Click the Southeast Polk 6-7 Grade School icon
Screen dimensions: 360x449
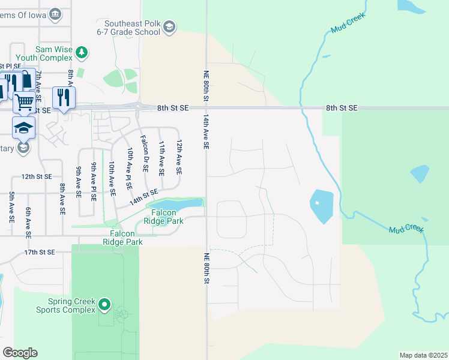pos(169,26)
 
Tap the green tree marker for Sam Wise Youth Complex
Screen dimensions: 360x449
pos(82,53)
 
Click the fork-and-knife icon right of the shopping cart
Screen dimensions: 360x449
pos(64,97)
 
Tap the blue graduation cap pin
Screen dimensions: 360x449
pos(23,127)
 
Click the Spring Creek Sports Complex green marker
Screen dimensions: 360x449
pos(104,304)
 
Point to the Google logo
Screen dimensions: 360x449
pos(20,352)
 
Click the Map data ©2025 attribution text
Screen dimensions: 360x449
pos(423,355)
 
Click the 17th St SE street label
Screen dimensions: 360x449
pos(40,253)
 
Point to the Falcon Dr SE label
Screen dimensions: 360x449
pos(144,154)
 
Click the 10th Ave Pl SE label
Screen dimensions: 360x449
pos(129,170)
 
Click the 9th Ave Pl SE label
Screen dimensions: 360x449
pos(94,182)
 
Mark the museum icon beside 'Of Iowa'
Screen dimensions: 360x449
pos(55,13)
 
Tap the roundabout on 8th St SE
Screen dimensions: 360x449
pos(138,107)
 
